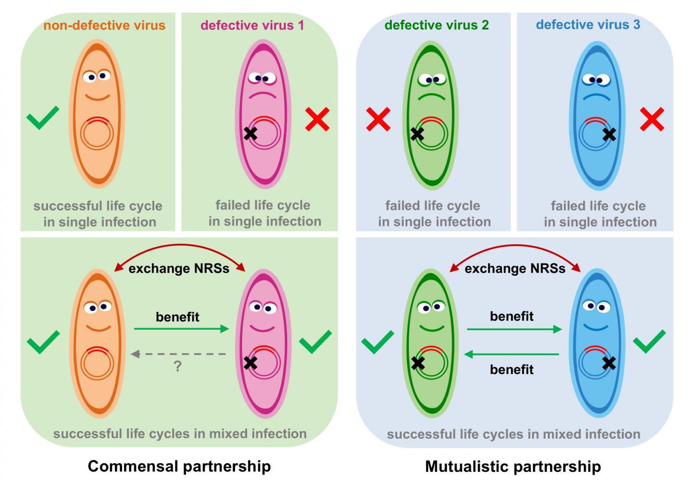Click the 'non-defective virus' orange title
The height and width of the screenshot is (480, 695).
pos(104,25)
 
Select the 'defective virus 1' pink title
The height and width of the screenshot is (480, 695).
pos(252,25)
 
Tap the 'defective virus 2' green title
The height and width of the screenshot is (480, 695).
pos(437,25)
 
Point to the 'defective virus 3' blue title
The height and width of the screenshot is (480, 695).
pos(588,25)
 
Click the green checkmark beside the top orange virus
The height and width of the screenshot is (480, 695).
pos(42,117)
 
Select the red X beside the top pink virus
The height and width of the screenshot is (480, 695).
pos(318,119)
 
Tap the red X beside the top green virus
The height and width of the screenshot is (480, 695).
pos(378,119)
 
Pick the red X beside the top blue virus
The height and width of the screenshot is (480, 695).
pos(652,119)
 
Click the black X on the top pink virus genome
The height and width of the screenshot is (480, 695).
pos(250,133)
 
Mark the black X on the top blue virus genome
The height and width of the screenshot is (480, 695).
pos(610,134)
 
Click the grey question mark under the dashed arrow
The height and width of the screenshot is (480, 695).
pos(178,366)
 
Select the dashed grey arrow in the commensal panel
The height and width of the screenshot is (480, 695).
pos(179,354)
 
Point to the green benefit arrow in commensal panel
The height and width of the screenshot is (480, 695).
pos(181,329)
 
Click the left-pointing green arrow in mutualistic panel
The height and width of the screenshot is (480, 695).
pos(512,355)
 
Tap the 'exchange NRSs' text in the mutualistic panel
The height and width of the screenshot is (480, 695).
pos(515,268)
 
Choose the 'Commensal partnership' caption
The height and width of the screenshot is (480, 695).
pos(179,466)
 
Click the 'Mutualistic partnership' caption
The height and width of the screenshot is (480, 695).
pos(513,466)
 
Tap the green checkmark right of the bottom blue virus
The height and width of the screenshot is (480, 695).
pos(649,341)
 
